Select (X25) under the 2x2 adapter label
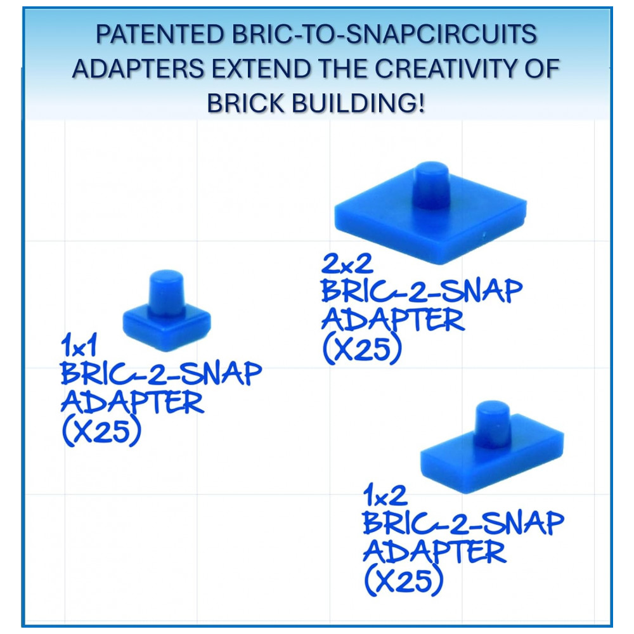tap(361, 349)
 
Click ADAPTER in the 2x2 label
tap(392, 320)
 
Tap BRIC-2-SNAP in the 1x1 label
tap(161, 374)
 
